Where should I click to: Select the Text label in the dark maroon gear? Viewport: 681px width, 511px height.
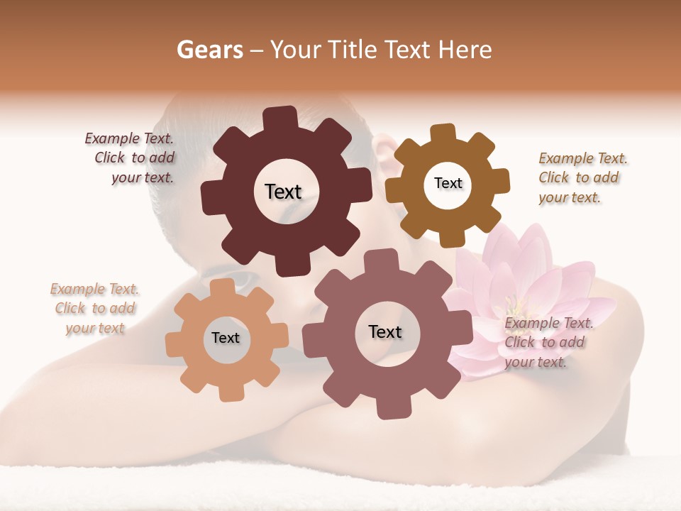(283, 192)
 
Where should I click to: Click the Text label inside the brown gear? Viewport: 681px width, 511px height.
(448, 183)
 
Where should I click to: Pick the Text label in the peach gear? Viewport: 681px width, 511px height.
(226, 338)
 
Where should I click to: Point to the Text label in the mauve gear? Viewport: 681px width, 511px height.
(385, 331)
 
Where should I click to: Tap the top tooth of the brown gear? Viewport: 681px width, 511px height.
(443, 133)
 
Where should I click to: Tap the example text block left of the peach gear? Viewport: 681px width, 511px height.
(95, 308)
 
